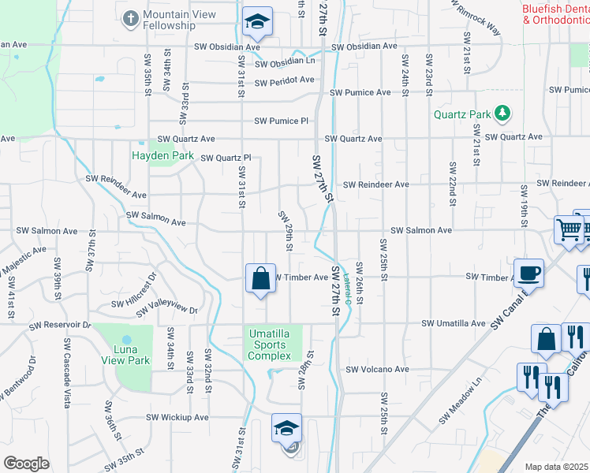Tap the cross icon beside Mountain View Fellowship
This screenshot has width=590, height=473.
click(x=131, y=16)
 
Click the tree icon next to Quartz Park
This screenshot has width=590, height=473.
click(x=501, y=115)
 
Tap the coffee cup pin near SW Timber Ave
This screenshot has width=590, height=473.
click(x=528, y=274)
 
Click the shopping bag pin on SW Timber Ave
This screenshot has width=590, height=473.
click(x=260, y=278)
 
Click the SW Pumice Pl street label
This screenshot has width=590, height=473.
click(x=282, y=121)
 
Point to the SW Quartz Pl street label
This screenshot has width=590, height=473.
click(x=226, y=158)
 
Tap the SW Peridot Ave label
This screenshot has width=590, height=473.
click(x=285, y=80)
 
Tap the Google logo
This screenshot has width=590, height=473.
click(x=26, y=464)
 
